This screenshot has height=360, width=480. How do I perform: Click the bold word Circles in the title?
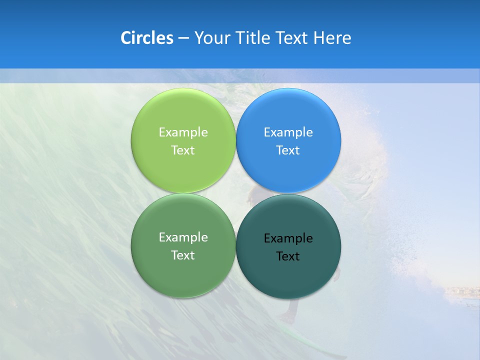coord(146,38)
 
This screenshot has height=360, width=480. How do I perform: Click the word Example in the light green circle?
coord(183,132)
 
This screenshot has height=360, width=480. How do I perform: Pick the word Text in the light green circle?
coord(183,150)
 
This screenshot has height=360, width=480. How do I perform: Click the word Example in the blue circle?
coord(288,132)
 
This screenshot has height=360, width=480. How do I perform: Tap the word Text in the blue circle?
coord(288,150)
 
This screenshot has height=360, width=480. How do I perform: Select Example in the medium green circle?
coord(183,237)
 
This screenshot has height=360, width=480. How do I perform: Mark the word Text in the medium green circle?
coord(183,255)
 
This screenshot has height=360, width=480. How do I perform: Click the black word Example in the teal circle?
coord(288,238)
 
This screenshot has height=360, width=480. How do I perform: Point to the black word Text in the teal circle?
coord(288,256)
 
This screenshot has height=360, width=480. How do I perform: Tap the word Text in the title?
coord(292,38)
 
